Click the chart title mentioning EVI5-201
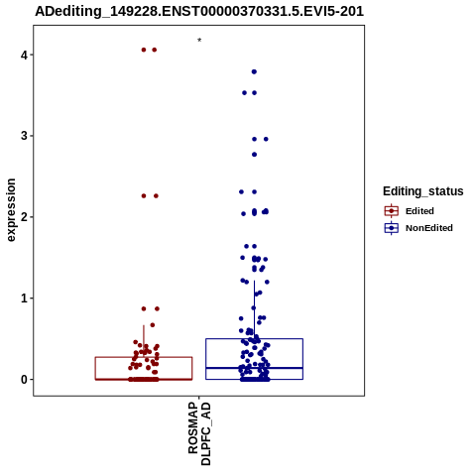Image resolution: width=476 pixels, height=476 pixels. point(199,11)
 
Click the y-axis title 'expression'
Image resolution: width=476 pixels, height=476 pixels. point(11,210)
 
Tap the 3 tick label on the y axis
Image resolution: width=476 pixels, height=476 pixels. point(24,136)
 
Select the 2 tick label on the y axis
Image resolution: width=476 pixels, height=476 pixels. point(24,217)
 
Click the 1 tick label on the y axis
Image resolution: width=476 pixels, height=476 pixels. point(24,298)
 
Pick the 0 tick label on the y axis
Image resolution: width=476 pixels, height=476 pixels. point(24,380)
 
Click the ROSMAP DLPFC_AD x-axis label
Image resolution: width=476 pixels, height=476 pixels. point(199,434)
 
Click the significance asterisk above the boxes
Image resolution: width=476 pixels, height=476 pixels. point(199,41)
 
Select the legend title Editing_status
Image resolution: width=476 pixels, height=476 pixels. point(423,191)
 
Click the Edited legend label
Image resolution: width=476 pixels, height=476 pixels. point(419,211)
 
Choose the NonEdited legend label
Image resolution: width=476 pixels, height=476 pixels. point(429,228)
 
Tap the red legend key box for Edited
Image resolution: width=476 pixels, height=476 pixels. point(392,211)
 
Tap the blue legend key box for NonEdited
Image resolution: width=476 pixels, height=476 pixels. point(392,228)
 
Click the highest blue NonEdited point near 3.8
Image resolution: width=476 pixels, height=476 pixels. point(254,71)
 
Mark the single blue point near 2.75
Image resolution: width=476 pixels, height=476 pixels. point(254,155)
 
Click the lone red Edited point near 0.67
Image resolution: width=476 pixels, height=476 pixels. point(153,325)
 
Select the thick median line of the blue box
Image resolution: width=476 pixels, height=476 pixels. point(254,368)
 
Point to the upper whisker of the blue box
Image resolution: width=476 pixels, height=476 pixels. point(254,309)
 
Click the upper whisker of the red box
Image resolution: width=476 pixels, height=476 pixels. point(144,341)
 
